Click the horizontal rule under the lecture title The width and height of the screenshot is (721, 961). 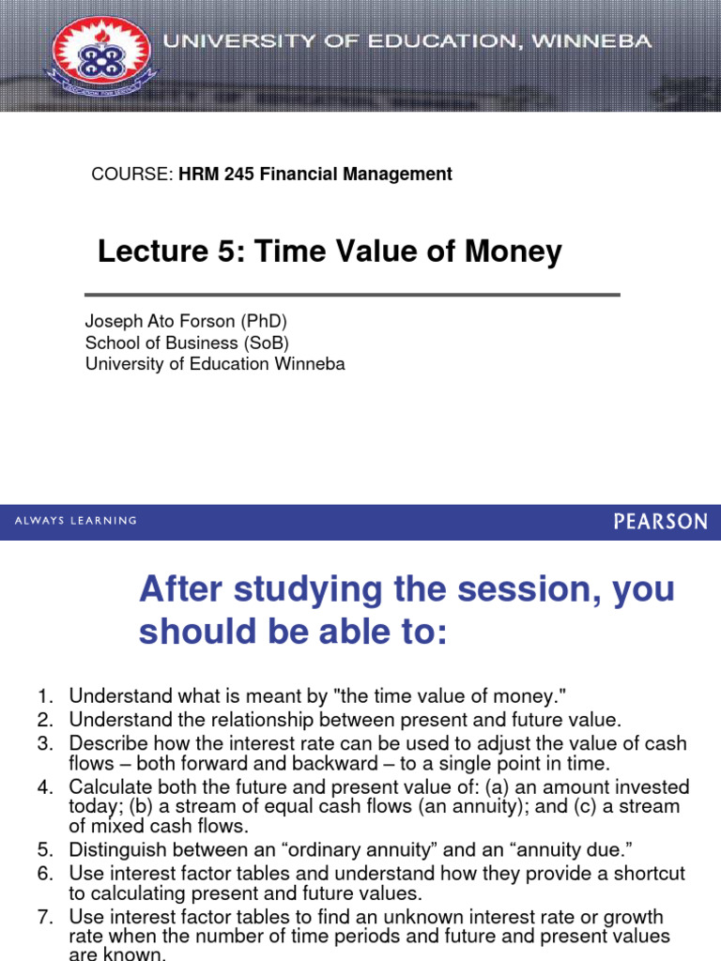352,295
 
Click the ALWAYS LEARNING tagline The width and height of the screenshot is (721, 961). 75,520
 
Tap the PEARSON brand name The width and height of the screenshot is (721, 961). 660,521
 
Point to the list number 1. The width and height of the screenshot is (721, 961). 46,696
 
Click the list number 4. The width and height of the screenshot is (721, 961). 46,787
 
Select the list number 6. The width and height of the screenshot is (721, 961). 46,874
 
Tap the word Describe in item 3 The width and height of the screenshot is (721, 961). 106,743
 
